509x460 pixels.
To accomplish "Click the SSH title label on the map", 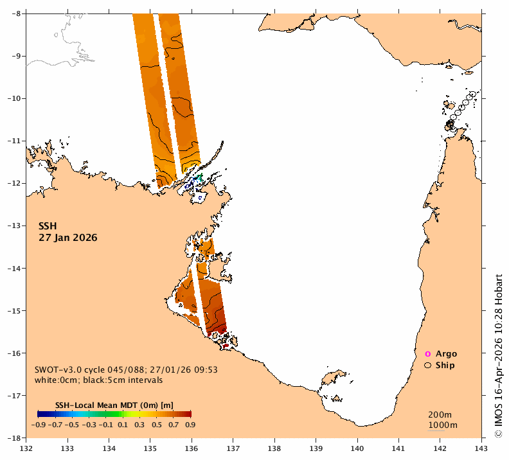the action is pos(48,226).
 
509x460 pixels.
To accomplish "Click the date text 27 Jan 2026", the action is pos(68,238).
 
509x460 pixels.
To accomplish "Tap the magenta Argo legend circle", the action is pos(428,354).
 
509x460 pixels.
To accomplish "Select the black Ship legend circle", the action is pos(428,366).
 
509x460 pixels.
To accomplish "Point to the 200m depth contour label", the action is pos(440,414).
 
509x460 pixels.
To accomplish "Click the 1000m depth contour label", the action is pos(443,425).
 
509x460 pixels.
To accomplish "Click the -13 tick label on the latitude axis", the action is pos(14,226).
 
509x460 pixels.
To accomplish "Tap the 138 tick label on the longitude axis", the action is pos(274,448).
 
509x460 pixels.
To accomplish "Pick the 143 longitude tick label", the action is pos(481,448).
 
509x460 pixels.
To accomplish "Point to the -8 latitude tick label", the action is pos(16,13).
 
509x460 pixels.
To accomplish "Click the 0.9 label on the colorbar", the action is pos(190,425).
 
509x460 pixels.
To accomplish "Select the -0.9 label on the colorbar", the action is pos(38,425).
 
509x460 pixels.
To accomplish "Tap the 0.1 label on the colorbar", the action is pos(122,425).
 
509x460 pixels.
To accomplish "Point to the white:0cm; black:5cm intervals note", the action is pos(99,380).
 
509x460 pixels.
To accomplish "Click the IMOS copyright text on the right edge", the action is pos(498,356).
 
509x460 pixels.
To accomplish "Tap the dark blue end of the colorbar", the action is pos(39,414).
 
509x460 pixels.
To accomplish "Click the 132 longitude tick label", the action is pos(26,448).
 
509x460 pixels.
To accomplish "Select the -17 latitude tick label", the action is pos(14,396).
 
